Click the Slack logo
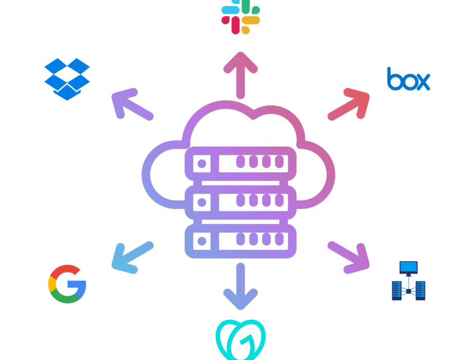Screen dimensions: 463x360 pyautogui.click(x=241, y=17)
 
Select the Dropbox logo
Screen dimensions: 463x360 pyautogui.click(x=67, y=79)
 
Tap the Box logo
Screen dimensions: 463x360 pyautogui.click(x=408, y=79)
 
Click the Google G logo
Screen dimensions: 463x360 pyautogui.click(x=67, y=284)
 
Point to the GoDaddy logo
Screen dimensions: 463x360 pyautogui.click(x=241, y=339)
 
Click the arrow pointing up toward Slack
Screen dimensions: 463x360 pyautogui.click(x=241, y=75)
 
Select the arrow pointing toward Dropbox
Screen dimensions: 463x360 pyautogui.click(x=132, y=104)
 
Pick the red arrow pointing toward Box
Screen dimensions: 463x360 pyautogui.click(x=349, y=104)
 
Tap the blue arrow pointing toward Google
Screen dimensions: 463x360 pyautogui.click(x=132, y=258)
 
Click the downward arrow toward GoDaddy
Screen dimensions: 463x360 pyautogui.click(x=241, y=286)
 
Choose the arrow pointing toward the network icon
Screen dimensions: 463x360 pyautogui.click(x=349, y=258)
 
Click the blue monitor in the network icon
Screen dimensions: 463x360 pyautogui.click(x=408, y=268)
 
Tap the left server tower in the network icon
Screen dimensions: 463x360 pyautogui.click(x=397, y=291)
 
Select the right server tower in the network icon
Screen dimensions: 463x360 pyautogui.click(x=420, y=291)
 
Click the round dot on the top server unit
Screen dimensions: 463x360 pyautogui.click(x=202, y=164)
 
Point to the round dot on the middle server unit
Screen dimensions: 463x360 pyautogui.click(x=202, y=203)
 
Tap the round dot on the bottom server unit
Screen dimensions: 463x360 pyautogui.click(x=202, y=241)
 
